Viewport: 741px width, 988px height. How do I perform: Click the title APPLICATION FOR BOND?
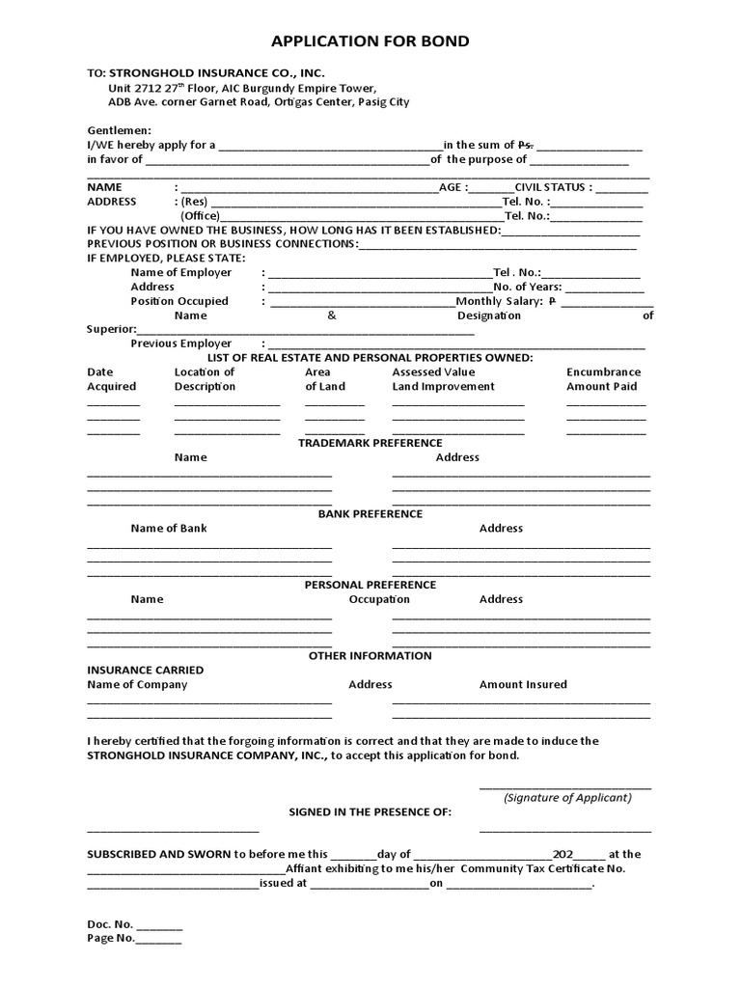coord(370,41)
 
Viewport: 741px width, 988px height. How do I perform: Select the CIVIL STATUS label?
coord(553,187)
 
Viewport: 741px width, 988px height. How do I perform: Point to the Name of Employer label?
coord(181,273)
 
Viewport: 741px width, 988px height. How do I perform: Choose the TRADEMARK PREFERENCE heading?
coord(370,443)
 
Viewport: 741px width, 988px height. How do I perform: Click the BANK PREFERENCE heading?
coord(370,514)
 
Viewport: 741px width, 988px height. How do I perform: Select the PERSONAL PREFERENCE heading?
coord(370,585)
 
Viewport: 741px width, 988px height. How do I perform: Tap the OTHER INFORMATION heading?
coord(370,656)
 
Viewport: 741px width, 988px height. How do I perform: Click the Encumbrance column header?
coord(603,372)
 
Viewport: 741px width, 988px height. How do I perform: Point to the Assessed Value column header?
coord(433,372)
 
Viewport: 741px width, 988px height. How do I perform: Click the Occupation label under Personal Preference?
coord(379,599)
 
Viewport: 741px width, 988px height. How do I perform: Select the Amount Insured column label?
coord(523,685)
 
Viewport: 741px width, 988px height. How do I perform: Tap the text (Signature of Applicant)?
coord(567,798)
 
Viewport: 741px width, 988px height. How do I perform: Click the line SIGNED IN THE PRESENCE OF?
coord(370,812)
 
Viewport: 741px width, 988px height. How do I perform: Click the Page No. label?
coord(111,938)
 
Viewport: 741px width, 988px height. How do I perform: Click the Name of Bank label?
coord(169,529)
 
